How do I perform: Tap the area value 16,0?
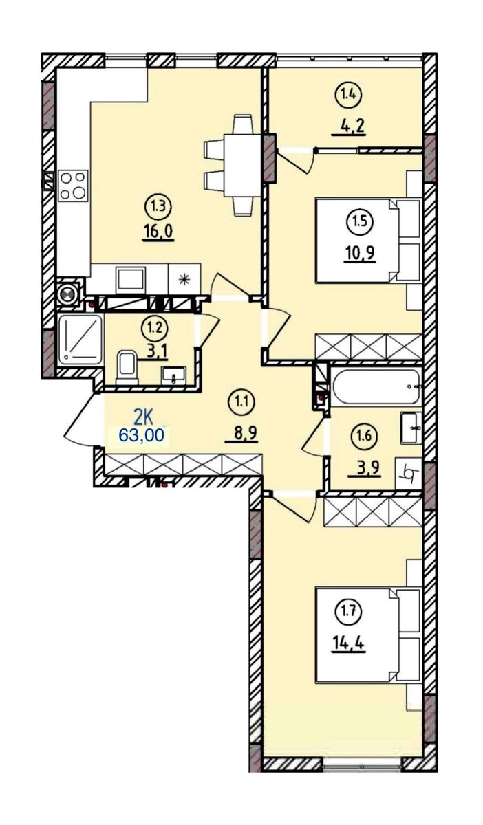[158, 232]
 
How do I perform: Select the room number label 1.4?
[348, 95]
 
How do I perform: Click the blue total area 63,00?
[141, 435]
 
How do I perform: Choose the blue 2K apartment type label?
[142, 419]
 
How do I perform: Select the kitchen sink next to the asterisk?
[130, 278]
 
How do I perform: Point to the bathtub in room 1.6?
[376, 386]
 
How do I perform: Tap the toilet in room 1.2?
[126, 367]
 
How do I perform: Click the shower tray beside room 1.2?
[80, 339]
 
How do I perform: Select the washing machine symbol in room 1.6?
[408, 473]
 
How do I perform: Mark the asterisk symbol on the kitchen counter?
[184, 280]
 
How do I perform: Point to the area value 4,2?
[349, 126]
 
